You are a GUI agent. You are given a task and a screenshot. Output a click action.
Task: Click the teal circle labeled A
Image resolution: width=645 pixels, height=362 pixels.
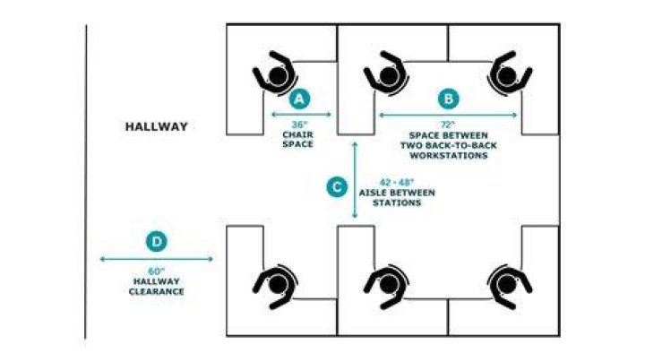[299, 99]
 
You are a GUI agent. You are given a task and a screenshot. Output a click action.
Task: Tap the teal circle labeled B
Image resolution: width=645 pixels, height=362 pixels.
[449, 99]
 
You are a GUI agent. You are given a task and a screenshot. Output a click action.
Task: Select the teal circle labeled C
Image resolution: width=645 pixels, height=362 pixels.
[337, 187]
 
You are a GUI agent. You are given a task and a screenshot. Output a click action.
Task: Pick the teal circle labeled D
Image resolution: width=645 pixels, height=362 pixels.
[157, 241]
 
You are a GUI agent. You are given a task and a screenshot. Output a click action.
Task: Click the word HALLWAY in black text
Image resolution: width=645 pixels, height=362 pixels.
[157, 126]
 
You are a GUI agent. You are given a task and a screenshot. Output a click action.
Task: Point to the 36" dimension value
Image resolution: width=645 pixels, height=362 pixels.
[299, 125]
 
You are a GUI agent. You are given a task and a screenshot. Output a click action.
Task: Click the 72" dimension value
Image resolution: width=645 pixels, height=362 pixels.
[449, 125]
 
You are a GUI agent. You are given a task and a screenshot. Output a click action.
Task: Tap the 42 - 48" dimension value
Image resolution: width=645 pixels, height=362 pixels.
[397, 182]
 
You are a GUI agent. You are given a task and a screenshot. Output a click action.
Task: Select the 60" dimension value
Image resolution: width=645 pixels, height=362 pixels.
[157, 271]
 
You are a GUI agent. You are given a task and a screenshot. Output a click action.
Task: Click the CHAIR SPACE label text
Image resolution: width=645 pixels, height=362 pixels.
[297, 140]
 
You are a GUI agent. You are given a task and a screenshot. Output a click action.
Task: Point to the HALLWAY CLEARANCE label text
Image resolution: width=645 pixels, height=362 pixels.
[156, 287]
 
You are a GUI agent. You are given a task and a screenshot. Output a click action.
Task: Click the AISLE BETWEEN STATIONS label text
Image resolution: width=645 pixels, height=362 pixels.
[397, 198]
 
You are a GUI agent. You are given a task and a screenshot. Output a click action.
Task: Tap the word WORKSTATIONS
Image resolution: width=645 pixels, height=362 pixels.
[449, 156]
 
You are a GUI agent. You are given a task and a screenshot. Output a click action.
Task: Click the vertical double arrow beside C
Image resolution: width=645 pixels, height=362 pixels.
[355, 180]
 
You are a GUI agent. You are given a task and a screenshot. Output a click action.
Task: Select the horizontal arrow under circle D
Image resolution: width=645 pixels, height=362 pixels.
[157, 259]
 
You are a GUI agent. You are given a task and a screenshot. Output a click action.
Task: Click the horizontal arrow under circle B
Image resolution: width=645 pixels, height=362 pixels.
[448, 116]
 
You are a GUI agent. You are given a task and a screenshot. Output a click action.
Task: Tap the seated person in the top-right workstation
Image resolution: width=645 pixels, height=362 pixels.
[509, 74]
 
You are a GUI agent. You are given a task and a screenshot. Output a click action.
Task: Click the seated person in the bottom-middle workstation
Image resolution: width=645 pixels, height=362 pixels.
[387, 286]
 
